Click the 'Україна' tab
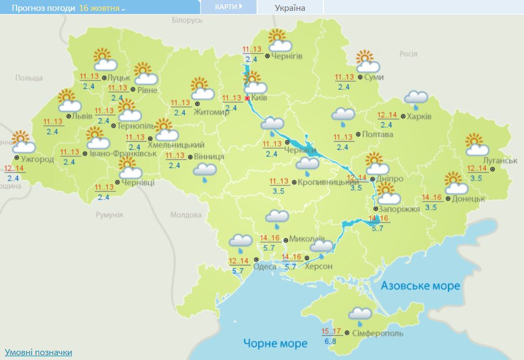(x=290, y=8)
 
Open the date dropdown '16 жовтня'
(x=102, y=8)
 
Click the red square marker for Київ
(x=247, y=99)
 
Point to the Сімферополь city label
(x=377, y=334)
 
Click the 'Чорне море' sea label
(x=275, y=343)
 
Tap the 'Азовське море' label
(x=420, y=285)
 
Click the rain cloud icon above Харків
(x=416, y=99)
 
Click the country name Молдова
(x=185, y=215)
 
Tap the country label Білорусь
(x=187, y=20)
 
